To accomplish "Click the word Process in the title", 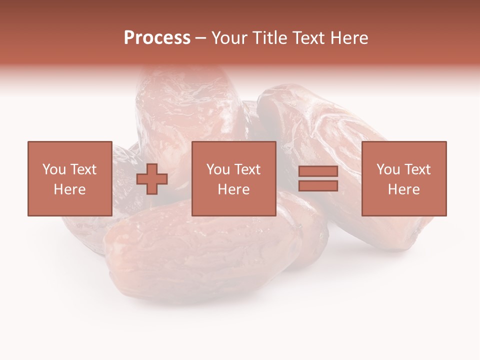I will coord(157,38).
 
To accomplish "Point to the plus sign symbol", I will coord(152,179).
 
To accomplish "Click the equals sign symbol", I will coord(318,178).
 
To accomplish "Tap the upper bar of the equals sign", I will coord(318,171).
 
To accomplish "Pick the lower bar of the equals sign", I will coord(318,185).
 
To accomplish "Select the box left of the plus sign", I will coord(69,178).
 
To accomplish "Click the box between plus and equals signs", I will coord(233,178).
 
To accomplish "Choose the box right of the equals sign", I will coord(403,178).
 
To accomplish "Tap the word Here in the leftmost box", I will coord(69,189).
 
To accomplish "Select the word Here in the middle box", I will coord(233,189).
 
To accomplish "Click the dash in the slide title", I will coord(200,38).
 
